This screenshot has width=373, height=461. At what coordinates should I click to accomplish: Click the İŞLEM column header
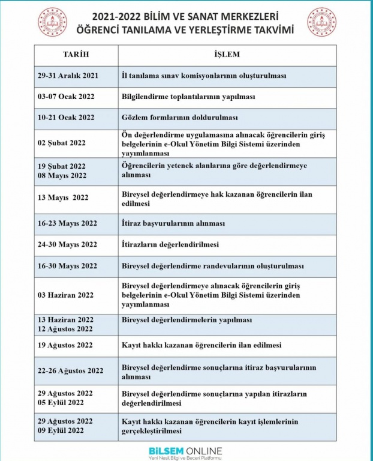227,55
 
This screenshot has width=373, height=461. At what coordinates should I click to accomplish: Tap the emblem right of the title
322,22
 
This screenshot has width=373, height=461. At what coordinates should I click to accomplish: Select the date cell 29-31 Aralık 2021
68,76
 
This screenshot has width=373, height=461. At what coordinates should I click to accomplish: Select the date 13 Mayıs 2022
63,197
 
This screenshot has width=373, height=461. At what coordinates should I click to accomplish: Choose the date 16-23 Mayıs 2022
67,223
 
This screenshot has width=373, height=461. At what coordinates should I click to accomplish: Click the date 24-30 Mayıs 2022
67,244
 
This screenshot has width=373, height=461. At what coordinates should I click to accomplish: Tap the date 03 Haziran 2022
66,295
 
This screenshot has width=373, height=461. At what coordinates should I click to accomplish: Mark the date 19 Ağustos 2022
65,345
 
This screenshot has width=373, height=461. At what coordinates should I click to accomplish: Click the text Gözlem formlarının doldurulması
180,117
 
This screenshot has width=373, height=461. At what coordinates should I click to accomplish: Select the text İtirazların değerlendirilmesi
170,244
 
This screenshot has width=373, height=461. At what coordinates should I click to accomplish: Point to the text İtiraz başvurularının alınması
173,223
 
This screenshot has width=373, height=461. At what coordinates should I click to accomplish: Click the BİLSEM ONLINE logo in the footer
186,453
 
